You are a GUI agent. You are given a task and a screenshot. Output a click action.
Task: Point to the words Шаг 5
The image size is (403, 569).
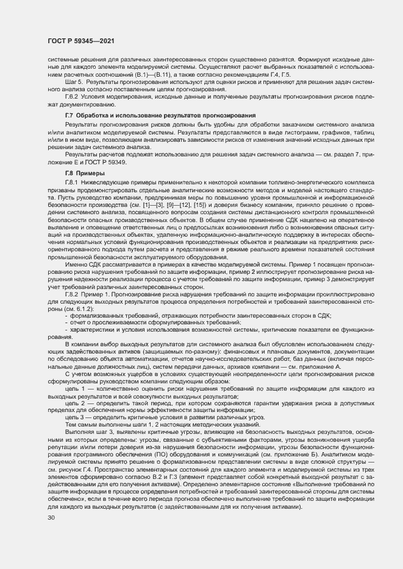coord(74,81)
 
